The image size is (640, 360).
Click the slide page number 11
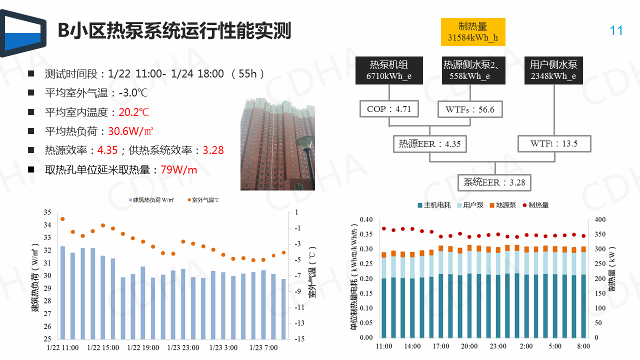[x=616, y=31]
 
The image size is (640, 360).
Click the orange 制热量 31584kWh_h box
[x=473, y=32]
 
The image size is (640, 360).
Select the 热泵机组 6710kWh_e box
[x=389, y=70]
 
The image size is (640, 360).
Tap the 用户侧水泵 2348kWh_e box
[x=553, y=70]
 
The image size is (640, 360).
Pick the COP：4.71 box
[x=388, y=109]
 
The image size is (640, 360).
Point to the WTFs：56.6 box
[x=469, y=109]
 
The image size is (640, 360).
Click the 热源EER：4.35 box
[x=429, y=144]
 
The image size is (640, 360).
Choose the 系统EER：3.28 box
[x=494, y=182]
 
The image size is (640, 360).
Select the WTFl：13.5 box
[x=554, y=144]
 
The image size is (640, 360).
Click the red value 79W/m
[x=178, y=170]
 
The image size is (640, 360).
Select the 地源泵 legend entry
[x=502, y=205]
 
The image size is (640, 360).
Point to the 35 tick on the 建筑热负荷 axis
[x=47, y=212]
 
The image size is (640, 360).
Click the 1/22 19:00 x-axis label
[x=143, y=347]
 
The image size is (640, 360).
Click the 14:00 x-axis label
[x=412, y=346]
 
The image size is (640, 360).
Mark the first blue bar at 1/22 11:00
[x=63, y=292]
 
